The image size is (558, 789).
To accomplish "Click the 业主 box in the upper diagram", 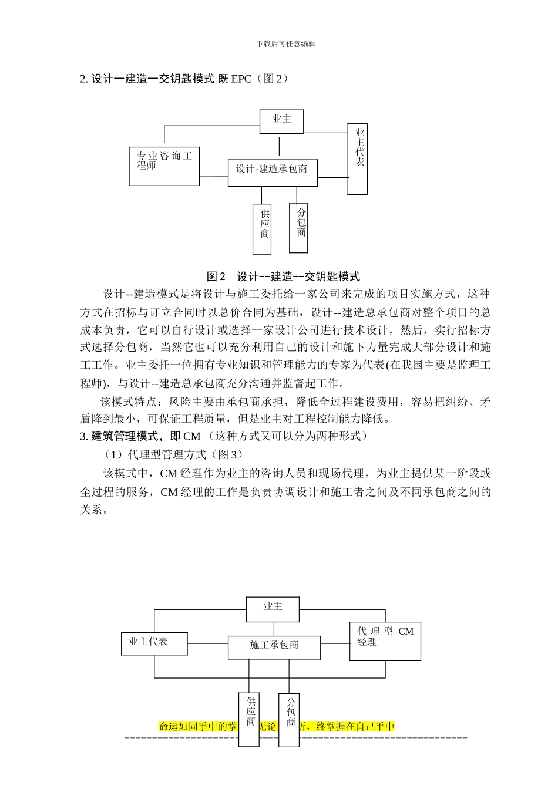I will coord(281,120).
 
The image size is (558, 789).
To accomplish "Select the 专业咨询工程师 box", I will coord(164,166).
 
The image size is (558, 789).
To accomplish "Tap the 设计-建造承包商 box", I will coord(272,173).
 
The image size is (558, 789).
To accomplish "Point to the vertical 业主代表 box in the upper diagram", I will coord(358,159).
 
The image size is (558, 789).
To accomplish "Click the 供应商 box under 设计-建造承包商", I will coord(262,229).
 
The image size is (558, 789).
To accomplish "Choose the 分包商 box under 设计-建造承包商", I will coord(299,228).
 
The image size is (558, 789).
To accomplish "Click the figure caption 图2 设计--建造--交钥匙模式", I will coord(283,277).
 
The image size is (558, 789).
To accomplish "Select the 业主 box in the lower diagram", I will coord(273,609).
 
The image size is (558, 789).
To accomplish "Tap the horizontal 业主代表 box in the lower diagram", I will coord(154,643).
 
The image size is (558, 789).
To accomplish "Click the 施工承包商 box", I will coord(274,648).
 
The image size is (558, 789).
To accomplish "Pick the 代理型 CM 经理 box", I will coord(385,641).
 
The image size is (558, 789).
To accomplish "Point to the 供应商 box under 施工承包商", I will coord(248,719).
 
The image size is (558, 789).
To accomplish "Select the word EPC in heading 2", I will coord(241,79).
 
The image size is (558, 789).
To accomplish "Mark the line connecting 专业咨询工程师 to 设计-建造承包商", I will coord(214,176).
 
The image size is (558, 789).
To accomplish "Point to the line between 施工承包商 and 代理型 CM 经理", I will coord(335,643).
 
